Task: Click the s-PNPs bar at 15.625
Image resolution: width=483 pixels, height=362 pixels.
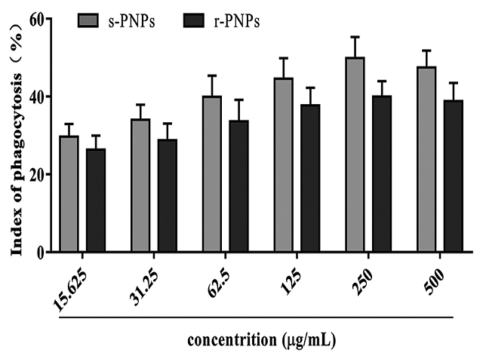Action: click(x=69, y=194)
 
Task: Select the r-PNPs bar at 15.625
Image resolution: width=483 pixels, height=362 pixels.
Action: click(x=96, y=201)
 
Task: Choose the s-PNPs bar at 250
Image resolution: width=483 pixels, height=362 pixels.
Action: click(x=355, y=155)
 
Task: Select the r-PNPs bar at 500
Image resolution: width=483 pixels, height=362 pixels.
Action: click(x=453, y=176)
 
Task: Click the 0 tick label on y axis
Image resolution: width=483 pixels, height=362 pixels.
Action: click(x=35, y=253)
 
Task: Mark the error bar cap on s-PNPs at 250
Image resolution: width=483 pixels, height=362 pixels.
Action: click(x=355, y=36)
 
